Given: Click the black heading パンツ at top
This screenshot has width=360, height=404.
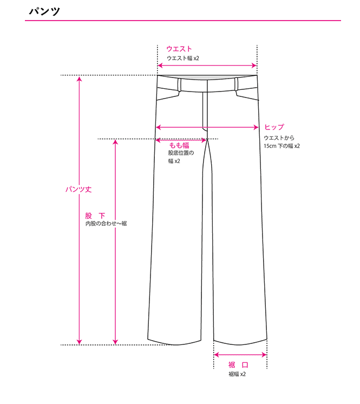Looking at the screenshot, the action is click(x=44, y=11).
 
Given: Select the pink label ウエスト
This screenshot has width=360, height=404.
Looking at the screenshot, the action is click(x=179, y=49).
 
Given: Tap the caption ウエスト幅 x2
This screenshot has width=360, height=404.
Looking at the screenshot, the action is click(x=183, y=58).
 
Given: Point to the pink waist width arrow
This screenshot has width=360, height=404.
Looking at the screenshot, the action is click(x=207, y=66).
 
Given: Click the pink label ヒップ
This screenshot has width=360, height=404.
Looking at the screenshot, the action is click(x=274, y=127).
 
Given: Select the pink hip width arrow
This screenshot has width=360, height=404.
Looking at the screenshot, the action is click(x=207, y=127).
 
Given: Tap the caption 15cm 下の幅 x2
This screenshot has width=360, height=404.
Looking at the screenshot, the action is click(x=282, y=146).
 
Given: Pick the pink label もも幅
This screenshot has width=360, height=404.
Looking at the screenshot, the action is click(x=179, y=145).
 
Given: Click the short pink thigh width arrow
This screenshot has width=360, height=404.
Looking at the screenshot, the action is click(x=181, y=140).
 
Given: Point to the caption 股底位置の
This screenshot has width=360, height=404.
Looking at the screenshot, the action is click(x=181, y=153).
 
